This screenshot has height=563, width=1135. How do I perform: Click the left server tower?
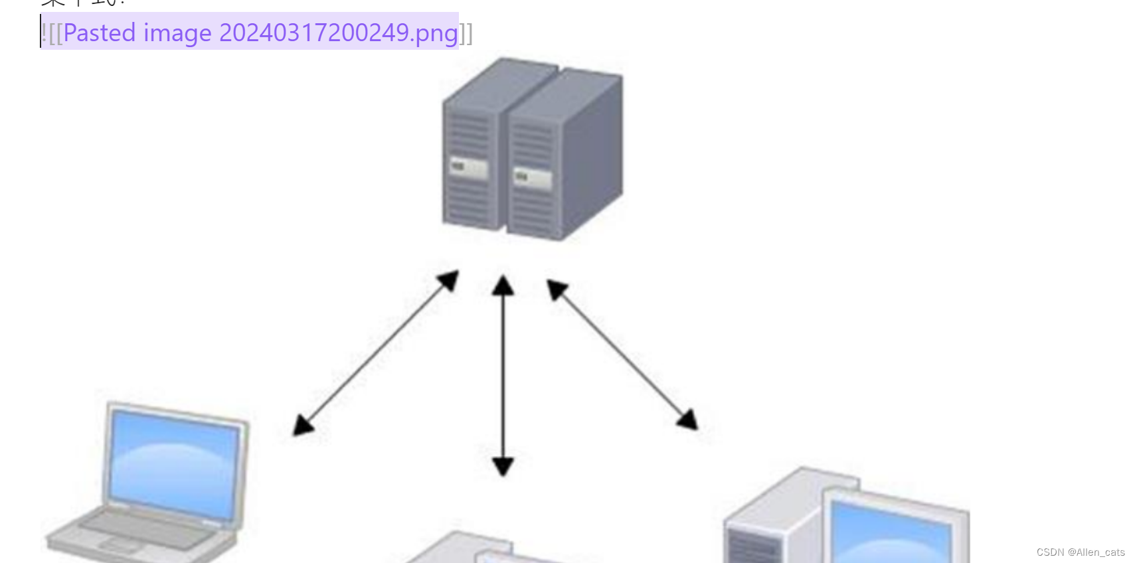click(472, 153)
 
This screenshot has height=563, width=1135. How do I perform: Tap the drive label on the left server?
click(469, 167)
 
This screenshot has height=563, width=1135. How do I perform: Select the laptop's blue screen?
click(174, 462)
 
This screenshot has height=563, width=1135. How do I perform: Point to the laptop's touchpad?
click(120, 546)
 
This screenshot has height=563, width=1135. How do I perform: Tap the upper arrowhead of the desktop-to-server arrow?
click(556, 289)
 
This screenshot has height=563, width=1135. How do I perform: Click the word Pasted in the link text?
click(100, 33)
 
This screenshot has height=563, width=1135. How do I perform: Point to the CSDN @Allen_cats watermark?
click(1081, 552)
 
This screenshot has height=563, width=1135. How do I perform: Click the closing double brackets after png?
click(466, 33)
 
